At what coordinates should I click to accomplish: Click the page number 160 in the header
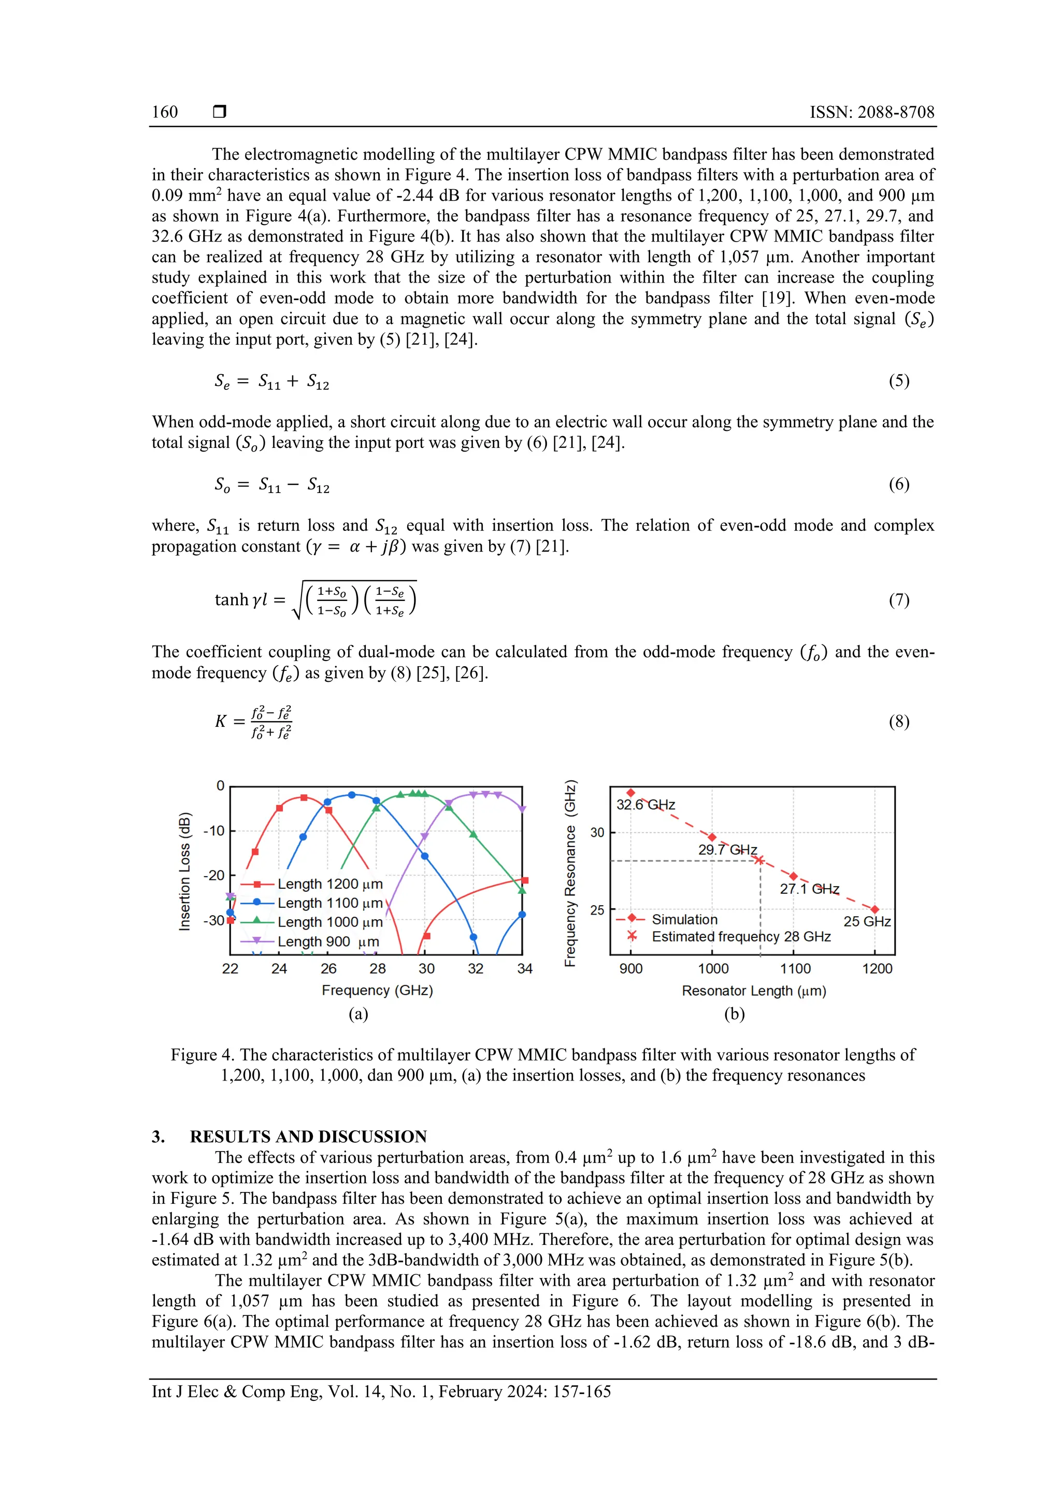point(165,112)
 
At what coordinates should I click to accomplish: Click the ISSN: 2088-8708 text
point(871,112)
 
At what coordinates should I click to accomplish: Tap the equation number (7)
point(898,600)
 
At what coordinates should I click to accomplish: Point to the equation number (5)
point(898,381)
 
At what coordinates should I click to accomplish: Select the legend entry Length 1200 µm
point(329,884)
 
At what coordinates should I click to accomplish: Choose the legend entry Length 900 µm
point(328,942)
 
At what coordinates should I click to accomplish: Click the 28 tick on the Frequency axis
point(377,968)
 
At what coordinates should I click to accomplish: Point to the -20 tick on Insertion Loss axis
point(214,875)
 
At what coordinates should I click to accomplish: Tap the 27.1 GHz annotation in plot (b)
point(809,888)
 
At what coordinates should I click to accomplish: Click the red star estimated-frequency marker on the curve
point(759,860)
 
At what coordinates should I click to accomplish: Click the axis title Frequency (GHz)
point(377,990)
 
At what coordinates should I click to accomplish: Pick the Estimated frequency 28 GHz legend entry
point(741,937)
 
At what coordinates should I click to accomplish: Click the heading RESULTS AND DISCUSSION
point(308,1136)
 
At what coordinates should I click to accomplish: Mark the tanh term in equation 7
point(232,600)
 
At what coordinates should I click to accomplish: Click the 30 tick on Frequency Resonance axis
point(597,833)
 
